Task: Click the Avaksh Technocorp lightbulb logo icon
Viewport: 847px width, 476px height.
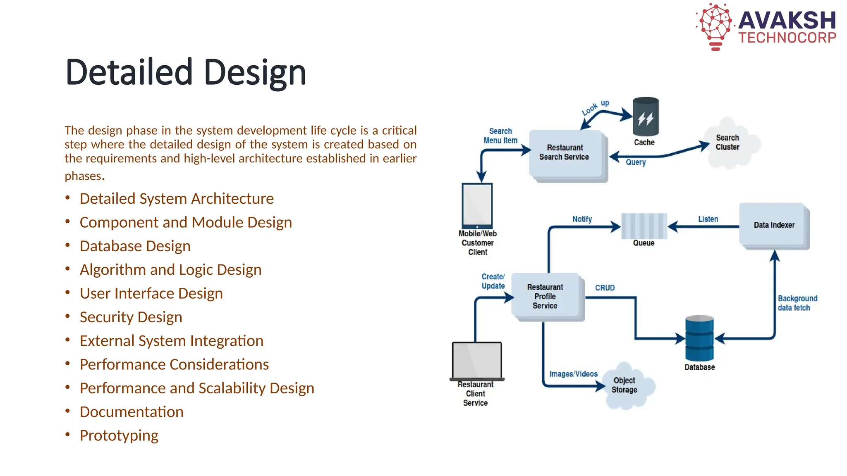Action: [715, 26]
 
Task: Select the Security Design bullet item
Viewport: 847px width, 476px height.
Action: [131, 317]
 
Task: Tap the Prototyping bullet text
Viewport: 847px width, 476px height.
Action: [119, 436]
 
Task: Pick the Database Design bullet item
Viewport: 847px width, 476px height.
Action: [135, 246]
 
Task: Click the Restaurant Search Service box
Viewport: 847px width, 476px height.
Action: [565, 153]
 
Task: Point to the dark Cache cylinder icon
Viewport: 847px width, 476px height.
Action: [646, 117]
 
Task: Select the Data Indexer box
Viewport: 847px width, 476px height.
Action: [773, 225]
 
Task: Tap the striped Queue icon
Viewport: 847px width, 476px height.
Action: [644, 226]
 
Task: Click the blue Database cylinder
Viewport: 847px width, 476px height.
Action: [699, 338]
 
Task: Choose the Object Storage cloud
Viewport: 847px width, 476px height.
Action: [626, 385]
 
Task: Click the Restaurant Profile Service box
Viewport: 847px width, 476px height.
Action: [546, 296]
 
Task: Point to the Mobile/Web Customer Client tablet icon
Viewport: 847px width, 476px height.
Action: [477, 205]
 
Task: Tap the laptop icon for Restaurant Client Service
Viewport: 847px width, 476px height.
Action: [476, 360]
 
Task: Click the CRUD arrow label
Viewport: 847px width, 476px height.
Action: [605, 288]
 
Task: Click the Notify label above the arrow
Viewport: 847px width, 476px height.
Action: [582, 219]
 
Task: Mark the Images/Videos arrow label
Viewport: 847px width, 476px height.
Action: [573, 374]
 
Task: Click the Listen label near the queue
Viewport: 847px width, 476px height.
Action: [708, 219]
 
